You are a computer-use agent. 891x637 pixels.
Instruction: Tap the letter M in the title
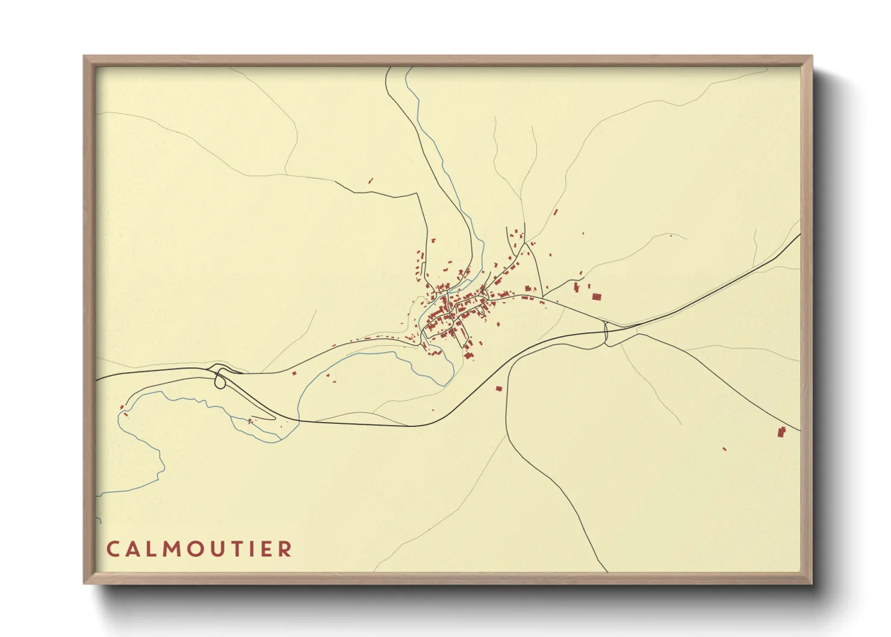pyautogui.click(x=163, y=549)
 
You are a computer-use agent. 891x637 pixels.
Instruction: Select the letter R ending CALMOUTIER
pyautogui.click(x=285, y=549)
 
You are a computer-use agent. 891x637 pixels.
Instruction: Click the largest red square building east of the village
pyautogui.click(x=597, y=296)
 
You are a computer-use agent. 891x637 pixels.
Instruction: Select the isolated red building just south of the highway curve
pyautogui.click(x=498, y=388)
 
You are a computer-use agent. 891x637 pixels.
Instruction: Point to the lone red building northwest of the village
pyautogui.click(x=371, y=180)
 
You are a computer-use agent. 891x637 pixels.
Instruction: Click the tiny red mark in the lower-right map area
pyautogui.click(x=724, y=449)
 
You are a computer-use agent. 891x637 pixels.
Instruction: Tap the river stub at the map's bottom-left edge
pyautogui.click(x=98, y=519)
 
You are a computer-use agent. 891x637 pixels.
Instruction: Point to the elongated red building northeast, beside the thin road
pyautogui.click(x=555, y=212)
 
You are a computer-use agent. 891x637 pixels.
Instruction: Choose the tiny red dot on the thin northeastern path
pyautogui.click(x=671, y=235)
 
